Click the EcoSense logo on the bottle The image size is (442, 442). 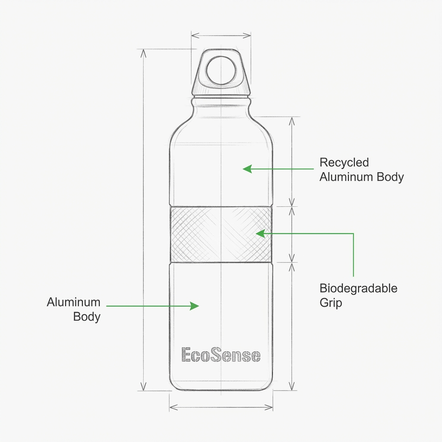221,355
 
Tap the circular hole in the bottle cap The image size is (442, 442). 221,70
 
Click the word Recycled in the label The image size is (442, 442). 344,163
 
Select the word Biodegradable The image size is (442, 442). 358,288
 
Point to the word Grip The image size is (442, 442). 331,303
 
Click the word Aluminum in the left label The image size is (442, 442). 73,302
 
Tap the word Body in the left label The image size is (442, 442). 87,316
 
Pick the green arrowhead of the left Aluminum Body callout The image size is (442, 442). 195,306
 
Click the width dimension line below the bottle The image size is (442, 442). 221,407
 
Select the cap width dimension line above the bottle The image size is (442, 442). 221,35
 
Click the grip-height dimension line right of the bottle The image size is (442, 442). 293,234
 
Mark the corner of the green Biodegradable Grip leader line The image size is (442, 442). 354,234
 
